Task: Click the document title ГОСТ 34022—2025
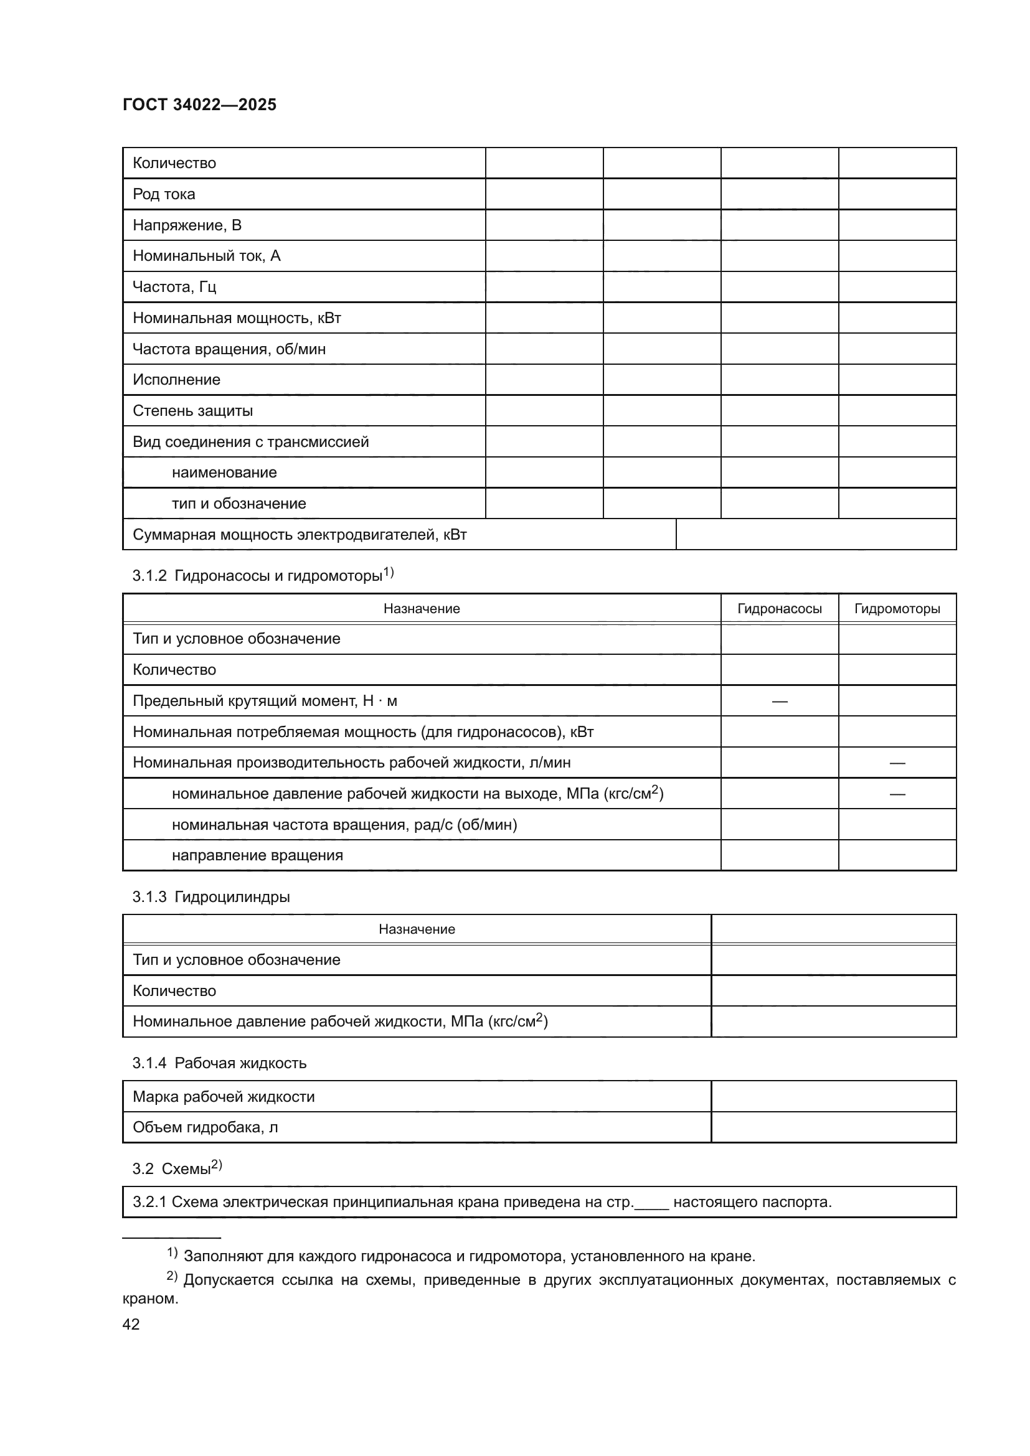pyautogui.click(x=199, y=105)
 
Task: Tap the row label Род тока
pyautogui.click(x=164, y=194)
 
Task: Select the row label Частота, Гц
pyautogui.click(x=174, y=286)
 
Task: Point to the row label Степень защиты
pyautogui.click(x=192, y=410)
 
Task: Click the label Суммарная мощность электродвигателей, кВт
pyautogui.click(x=300, y=535)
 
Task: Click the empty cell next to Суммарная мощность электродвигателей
pyautogui.click(x=816, y=535)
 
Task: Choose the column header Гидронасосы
pyautogui.click(x=779, y=609)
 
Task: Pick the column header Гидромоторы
pyautogui.click(x=897, y=609)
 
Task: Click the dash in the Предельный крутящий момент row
pyautogui.click(x=780, y=702)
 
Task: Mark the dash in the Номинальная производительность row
pyautogui.click(x=897, y=763)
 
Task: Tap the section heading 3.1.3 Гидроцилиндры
pyautogui.click(x=210, y=896)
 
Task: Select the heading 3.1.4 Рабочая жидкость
pyautogui.click(x=219, y=1063)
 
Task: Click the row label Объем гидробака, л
pyautogui.click(x=205, y=1127)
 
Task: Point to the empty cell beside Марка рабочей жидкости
pyautogui.click(x=833, y=1096)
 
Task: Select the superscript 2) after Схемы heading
pyautogui.click(x=216, y=1164)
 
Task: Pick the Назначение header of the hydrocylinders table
pyautogui.click(x=417, y=929)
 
